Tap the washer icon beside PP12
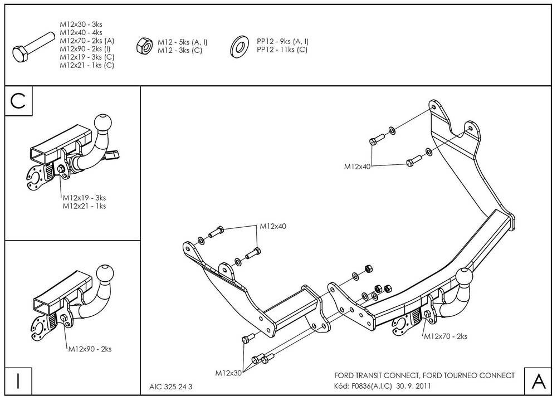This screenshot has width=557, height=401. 240,46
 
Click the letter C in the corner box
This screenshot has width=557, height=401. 18,101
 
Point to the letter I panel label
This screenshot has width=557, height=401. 18,381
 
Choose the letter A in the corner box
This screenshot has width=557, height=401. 539,381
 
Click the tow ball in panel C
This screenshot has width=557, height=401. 103,122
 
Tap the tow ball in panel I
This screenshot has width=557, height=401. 105,273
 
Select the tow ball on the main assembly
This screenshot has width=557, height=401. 465,277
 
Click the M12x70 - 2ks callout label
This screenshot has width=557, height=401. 446,336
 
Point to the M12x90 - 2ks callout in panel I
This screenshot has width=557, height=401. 90,349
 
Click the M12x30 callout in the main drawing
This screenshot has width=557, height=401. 228,373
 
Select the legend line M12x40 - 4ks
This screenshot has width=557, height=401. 81,33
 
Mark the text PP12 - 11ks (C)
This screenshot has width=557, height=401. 282,50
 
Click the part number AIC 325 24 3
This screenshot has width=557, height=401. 171,387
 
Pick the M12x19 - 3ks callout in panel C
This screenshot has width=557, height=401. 84,198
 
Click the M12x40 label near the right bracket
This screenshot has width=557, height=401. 357,167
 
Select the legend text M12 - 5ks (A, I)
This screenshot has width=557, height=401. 183,42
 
